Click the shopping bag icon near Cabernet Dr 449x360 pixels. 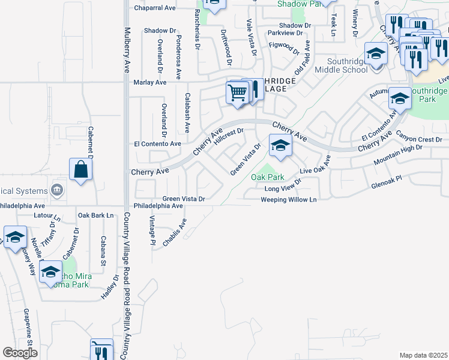point(80,170)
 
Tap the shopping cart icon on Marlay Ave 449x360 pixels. point(238,94)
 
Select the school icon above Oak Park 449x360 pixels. point(280,146)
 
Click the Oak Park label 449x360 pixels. point(267,177)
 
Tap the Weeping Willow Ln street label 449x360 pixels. point(288,199)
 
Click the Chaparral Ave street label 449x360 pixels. point(154,8)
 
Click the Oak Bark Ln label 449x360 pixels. point(95,215)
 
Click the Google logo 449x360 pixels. point(20,353)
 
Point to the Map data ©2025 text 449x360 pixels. point(423,355)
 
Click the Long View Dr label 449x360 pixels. point(283,188)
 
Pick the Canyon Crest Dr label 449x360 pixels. point(418,140)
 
